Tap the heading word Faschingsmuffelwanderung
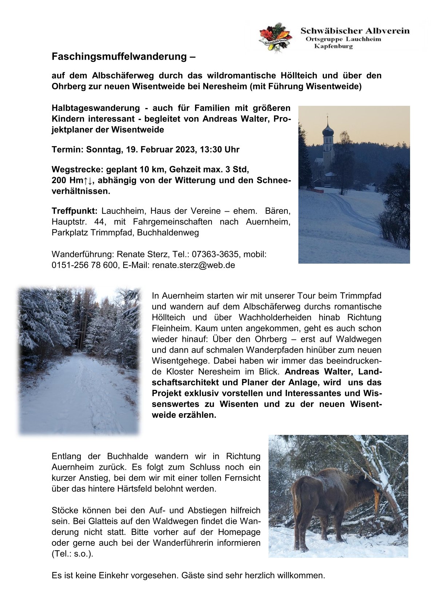119,57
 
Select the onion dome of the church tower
328,130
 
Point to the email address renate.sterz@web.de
194,265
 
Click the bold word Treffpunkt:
75,211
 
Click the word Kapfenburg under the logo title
333,47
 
